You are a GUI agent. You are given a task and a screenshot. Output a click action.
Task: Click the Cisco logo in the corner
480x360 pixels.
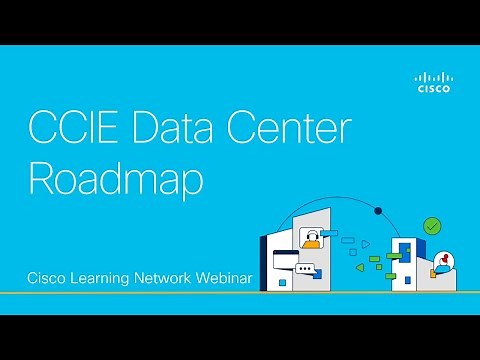(434, 82)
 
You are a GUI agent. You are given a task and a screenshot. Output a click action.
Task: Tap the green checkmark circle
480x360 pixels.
(432, 227)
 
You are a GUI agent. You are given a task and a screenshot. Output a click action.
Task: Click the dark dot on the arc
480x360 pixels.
(376, 211)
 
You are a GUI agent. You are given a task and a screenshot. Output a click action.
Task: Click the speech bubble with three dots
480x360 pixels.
(305, 268)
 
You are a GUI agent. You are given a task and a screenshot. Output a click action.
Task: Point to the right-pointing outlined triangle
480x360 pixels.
(366, 243)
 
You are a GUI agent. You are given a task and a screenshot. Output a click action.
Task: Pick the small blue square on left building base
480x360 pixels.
(283, 283)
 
